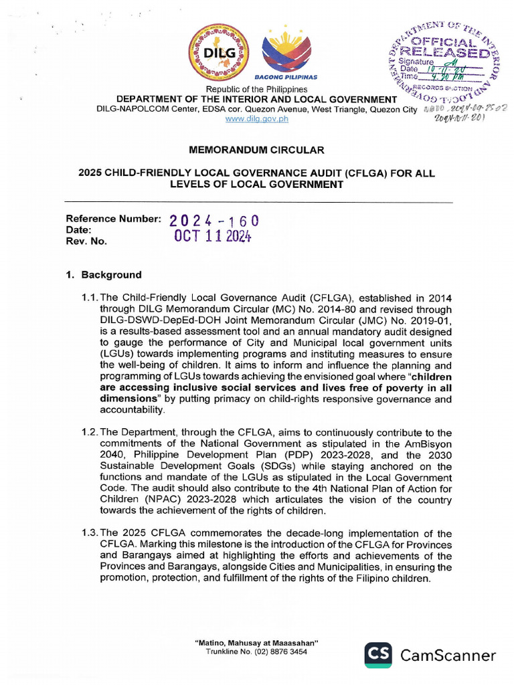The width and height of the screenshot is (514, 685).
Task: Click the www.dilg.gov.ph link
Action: [257, 118]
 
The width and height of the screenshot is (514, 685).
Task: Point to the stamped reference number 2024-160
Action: [213, 221]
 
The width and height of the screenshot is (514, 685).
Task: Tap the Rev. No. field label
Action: [86, 241]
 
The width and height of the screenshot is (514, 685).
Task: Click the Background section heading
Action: [111, 275]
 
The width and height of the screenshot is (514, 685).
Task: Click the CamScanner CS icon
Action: [378, 655]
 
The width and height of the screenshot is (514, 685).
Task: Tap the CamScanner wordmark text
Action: [448, 656]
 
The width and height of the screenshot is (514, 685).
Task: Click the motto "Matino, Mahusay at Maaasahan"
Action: [256, 643]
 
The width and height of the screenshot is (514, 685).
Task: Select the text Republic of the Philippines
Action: [256, 90]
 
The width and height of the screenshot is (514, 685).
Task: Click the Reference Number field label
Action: [112, 219]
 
